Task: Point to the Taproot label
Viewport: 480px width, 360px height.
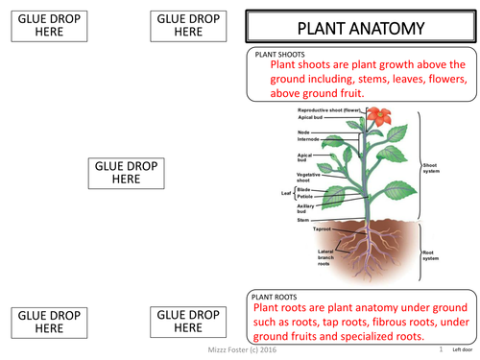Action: click(324, 229)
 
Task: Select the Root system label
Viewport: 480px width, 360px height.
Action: click(432, 254)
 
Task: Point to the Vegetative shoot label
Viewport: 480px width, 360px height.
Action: click(309, 177)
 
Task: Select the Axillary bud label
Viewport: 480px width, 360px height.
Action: click(309, 208)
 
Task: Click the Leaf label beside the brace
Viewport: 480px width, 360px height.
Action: click(285, 193)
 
